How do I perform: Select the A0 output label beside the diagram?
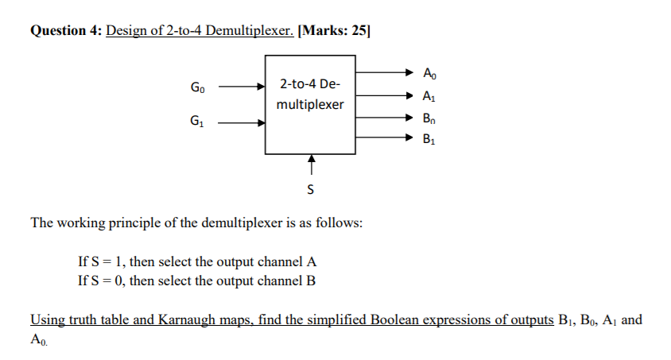tap(430, 74)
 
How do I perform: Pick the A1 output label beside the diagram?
tap(430, 98)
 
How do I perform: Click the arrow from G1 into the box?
tap(242, 123)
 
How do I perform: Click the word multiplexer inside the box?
tap(310, 104)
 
